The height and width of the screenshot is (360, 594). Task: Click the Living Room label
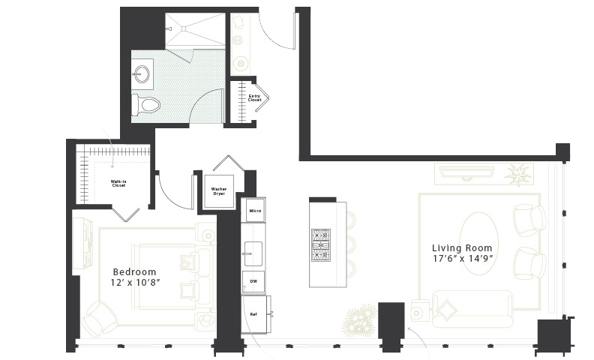462,248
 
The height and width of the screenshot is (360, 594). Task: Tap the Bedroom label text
134,271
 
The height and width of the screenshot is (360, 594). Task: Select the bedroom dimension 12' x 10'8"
135,283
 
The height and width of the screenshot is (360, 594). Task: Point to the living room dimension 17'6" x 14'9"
463,259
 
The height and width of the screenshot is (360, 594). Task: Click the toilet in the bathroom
145,105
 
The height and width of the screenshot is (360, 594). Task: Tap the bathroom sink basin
142,74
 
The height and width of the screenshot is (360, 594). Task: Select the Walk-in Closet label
118,184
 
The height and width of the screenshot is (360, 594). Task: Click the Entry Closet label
254,98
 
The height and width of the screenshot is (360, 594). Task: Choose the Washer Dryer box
219,191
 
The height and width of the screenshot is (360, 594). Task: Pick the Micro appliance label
255,211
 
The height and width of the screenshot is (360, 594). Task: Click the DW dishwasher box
253,281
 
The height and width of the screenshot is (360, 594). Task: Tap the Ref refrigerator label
253,314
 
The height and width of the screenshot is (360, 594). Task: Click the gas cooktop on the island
321,245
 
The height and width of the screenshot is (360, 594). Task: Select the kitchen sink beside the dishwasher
253,253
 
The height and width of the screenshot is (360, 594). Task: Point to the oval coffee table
478,243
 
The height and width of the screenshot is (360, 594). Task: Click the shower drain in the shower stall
184,28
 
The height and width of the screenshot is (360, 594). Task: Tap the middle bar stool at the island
351,244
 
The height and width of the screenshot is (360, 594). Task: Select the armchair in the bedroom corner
100,318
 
